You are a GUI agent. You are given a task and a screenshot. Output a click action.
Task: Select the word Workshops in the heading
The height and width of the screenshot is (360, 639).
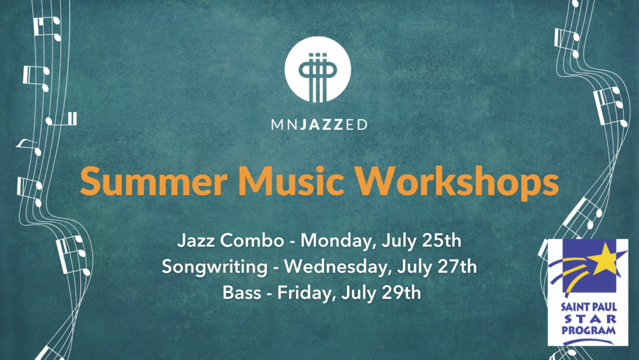pos(456,182)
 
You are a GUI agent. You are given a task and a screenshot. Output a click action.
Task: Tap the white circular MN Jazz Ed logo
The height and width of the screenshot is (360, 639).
pos(318,70)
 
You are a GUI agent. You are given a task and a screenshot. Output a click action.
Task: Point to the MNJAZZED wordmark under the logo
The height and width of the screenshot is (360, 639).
pos(319,124)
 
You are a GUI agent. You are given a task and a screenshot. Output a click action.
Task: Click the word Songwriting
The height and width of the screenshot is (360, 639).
pos(215,267)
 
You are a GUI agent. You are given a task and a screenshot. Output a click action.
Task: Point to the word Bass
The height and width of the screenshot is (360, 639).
pos(241,293)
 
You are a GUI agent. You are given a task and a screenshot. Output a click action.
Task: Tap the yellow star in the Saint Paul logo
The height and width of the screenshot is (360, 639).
pos(603,260)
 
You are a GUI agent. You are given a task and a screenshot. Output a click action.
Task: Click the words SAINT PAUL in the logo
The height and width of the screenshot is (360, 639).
pos(589,306)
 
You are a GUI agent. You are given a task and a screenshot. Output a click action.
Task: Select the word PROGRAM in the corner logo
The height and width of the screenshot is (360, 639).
pos(589,329)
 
